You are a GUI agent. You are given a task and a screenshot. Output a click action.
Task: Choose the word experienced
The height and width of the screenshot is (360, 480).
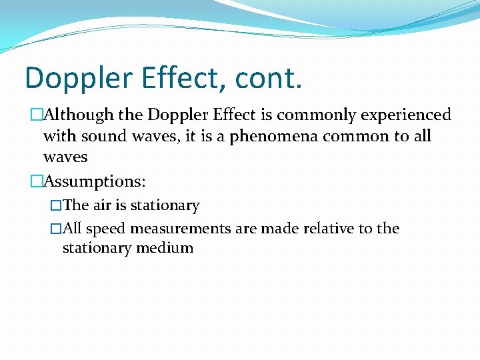[x=406, y=115]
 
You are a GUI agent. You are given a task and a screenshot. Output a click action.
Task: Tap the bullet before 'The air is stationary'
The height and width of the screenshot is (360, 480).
[x=56, y=206]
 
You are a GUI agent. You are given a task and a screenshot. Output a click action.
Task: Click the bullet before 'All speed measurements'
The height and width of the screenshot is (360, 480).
[x=56, y=229]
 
